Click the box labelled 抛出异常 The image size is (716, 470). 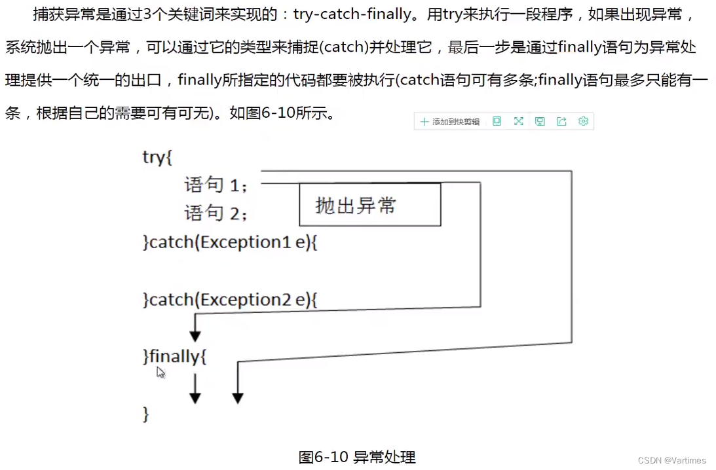369,205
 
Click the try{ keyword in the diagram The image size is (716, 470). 157,158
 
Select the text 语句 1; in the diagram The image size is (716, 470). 216,185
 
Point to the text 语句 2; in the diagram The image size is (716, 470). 216,213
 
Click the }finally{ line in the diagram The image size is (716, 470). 175,357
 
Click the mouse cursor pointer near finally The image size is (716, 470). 160,372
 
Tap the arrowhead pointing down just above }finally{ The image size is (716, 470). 195,335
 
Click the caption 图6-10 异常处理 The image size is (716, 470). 357,457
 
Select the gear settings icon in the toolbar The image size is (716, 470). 583,121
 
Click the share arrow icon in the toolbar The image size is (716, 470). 561,121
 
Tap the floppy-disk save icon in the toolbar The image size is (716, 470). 540,121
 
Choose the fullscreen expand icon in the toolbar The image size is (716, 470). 518,121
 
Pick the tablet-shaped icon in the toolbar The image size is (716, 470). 497,121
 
